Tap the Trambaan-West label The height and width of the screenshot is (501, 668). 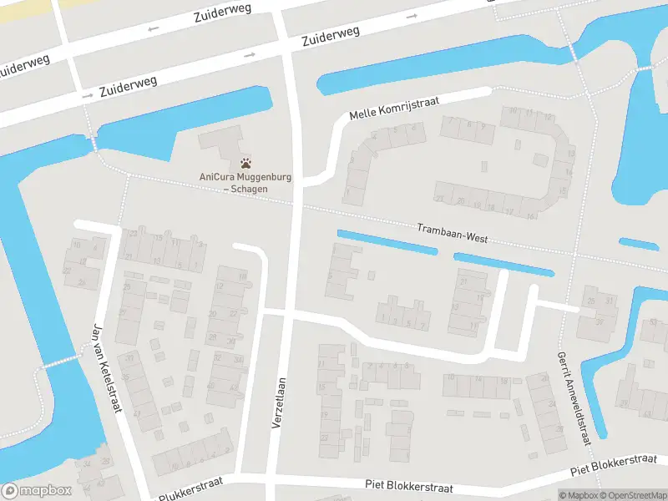452,233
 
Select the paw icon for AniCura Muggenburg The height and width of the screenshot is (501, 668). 245,164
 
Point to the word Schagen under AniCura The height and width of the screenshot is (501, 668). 250,190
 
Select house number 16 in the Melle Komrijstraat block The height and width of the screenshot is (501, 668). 531,216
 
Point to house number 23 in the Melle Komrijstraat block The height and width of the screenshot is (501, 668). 439,199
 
